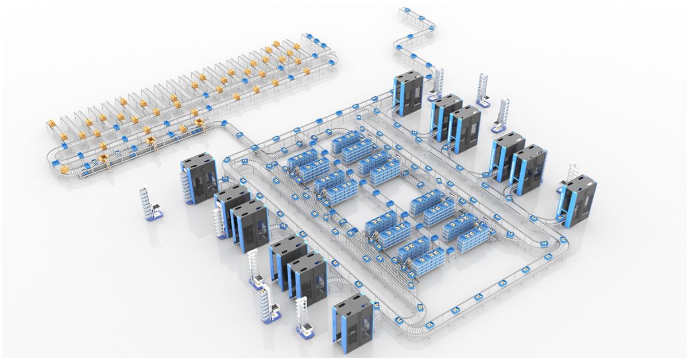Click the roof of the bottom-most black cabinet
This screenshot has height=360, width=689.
tap(351, 304)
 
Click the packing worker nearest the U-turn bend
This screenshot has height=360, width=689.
tap(108, 165)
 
